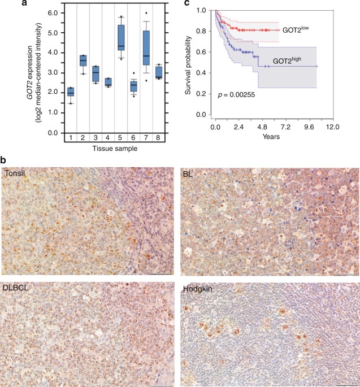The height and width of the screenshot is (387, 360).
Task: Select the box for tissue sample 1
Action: coord(71,92)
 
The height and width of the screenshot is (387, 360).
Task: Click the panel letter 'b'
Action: coord(4,161)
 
